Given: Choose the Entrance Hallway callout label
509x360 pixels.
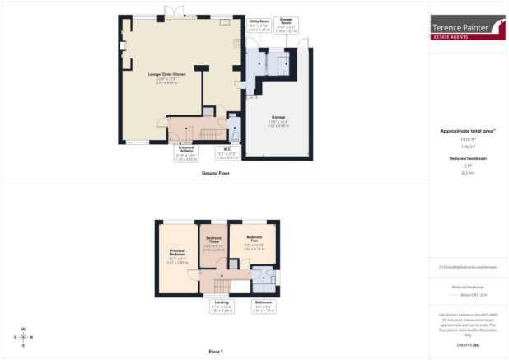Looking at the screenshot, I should [x=188, y=152].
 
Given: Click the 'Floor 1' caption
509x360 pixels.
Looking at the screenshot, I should [x=216, y=352].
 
